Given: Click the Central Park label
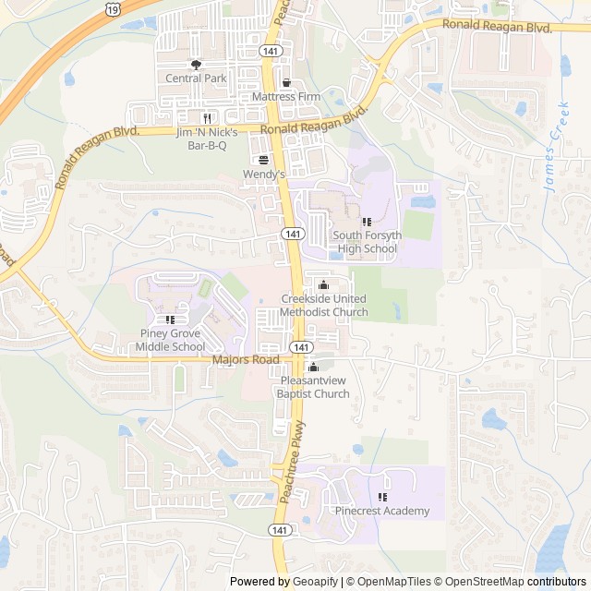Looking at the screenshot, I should click(196, 78).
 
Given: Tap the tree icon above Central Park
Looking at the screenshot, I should click(196, 65).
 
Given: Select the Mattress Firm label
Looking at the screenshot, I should click(286, 96).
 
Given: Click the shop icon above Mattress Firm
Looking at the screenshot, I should click(286, 82).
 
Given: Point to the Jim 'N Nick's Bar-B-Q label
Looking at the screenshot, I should click(208, 139).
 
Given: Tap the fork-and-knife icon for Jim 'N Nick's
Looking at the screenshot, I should click(208, 118).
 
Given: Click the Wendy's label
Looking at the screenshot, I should click(265, 174).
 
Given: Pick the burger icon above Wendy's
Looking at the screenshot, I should click(264, 160).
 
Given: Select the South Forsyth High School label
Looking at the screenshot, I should click(368, 242).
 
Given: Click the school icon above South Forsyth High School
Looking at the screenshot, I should click(367, 222).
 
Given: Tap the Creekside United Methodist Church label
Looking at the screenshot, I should click(324, 306).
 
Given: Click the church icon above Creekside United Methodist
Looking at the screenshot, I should click(323, 285).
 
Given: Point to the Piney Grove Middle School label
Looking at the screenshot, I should click(171, 340).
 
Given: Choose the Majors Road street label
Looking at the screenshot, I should click(246, 359).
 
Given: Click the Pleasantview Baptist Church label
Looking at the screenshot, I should click(313, 388).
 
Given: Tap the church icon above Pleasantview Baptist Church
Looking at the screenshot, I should click(313, 368).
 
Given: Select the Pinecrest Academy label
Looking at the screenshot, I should click(382, 511).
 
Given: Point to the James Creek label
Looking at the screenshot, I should click(557, 153).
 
